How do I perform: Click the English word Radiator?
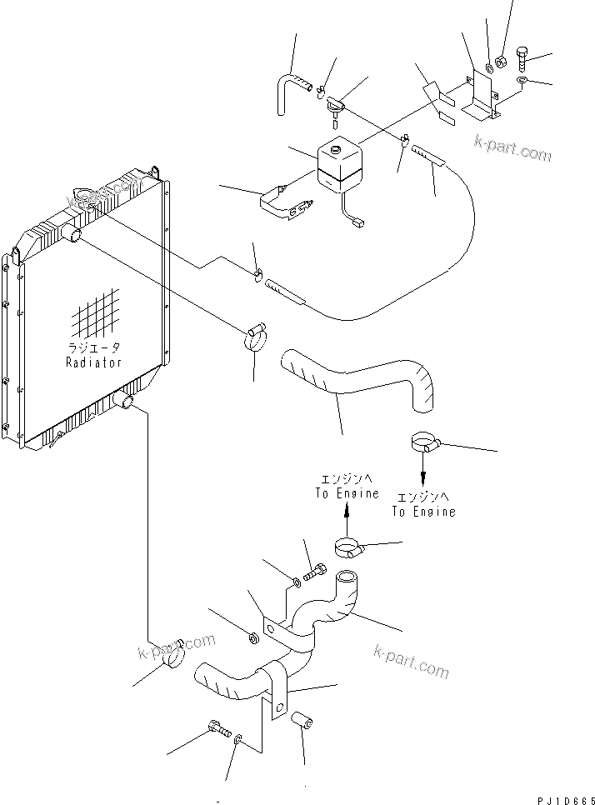(x=93, y=362)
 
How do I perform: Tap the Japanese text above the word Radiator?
(x=93, y=348)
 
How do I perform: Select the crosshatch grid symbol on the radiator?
(x=95, y=316)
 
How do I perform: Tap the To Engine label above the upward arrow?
(x=347, y=486)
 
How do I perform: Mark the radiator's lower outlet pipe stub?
(x=127, y=402)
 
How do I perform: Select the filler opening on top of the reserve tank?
(x=337, y=149)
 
